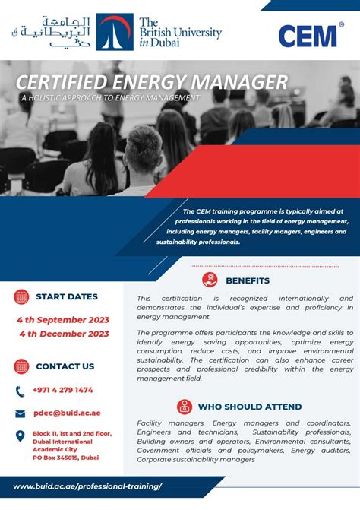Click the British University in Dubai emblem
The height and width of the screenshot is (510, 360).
[115, 32]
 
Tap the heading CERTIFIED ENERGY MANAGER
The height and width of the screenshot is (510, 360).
[152, 81]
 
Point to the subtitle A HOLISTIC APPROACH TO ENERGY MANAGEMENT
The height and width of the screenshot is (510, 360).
[110, 98]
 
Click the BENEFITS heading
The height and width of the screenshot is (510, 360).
[248, 280]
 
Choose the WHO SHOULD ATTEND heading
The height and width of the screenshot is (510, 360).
[250, 407]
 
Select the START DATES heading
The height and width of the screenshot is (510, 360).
[67, 296]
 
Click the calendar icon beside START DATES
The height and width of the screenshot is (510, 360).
[21, 296]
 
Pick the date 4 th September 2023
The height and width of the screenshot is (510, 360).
[64, 320]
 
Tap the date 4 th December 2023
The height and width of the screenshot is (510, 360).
[64, 334]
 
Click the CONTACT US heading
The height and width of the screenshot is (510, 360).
[65, 366]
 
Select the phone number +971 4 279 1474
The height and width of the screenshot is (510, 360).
[63, 390]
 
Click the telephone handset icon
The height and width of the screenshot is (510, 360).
[21, 391]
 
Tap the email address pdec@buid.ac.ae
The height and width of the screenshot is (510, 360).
[68, 413]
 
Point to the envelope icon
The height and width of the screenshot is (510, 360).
[21, 414]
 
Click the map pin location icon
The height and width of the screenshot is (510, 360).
[21, 437]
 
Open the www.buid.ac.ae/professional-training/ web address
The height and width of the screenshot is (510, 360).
[88, 486]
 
